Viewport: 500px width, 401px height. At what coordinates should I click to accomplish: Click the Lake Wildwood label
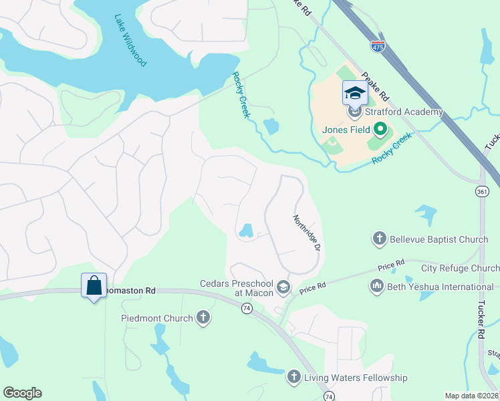pyautogui.click(x=130, y=41)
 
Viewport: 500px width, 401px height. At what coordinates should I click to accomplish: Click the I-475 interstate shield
pyautogui.click(x=378, y=45)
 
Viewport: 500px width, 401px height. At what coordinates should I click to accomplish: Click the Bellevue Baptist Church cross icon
pyautogui.click(x=379, y=238)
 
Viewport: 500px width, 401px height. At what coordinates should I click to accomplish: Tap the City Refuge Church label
pyautogui.click(x=460, y=269)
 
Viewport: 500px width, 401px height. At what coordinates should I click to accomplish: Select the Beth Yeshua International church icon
pyautogui.click(x=375, y=287)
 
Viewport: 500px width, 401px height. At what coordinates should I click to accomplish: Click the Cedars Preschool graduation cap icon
pyautogui.click(x=283, y=287)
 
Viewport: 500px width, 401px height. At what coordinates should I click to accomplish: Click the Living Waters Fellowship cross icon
pyautogui.click(x=293, y=378)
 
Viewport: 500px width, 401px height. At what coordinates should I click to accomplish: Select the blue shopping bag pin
pyautogui.click(x=94, y=286)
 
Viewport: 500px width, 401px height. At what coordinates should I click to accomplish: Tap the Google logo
pyautogui.click(x=22, y=393)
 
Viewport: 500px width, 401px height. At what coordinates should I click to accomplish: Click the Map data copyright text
pyautogui.click(x=471, y=396)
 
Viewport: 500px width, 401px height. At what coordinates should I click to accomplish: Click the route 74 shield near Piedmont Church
pyautogui.click(x=247, y=308)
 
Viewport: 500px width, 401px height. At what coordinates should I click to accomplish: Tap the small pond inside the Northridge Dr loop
pyautogui.click(x=245, y=231)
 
